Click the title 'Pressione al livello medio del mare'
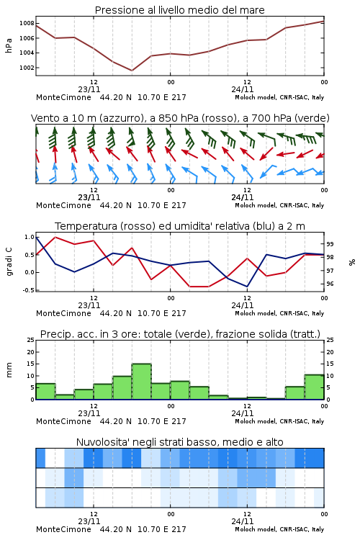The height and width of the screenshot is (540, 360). click(x=179, y=10)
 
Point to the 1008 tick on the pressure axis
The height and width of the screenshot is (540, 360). click(x=27, y=24)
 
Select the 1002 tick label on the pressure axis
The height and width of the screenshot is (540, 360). click(x=27, y=68)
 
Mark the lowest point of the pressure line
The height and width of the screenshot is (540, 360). click(x=132, y=71)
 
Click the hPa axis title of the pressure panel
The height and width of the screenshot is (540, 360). click(x=9, y=45)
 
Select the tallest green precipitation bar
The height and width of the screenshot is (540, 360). click(x=142, y=382)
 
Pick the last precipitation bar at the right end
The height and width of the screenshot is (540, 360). click(x=314, y=387)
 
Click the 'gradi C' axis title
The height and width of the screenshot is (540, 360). click(x=9, y=261)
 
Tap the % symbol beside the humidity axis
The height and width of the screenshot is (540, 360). click(x=352, y=262)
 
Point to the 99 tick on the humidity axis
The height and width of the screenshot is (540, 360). click(x=330, y=244)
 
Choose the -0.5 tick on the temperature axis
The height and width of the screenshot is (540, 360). click(x=29, y=290)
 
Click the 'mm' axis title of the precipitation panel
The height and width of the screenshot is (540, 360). click(x=9, y=370)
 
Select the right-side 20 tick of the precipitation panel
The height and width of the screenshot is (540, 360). click(x=330, y=352)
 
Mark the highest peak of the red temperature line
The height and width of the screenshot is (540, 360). click(x=55, y=237)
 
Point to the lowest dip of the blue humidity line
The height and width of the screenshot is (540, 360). click(x=247, y=287)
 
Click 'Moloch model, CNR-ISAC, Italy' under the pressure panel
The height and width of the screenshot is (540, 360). click(x=279, y=97)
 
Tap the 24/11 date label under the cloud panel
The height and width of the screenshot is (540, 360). click(x=243, y=521)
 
